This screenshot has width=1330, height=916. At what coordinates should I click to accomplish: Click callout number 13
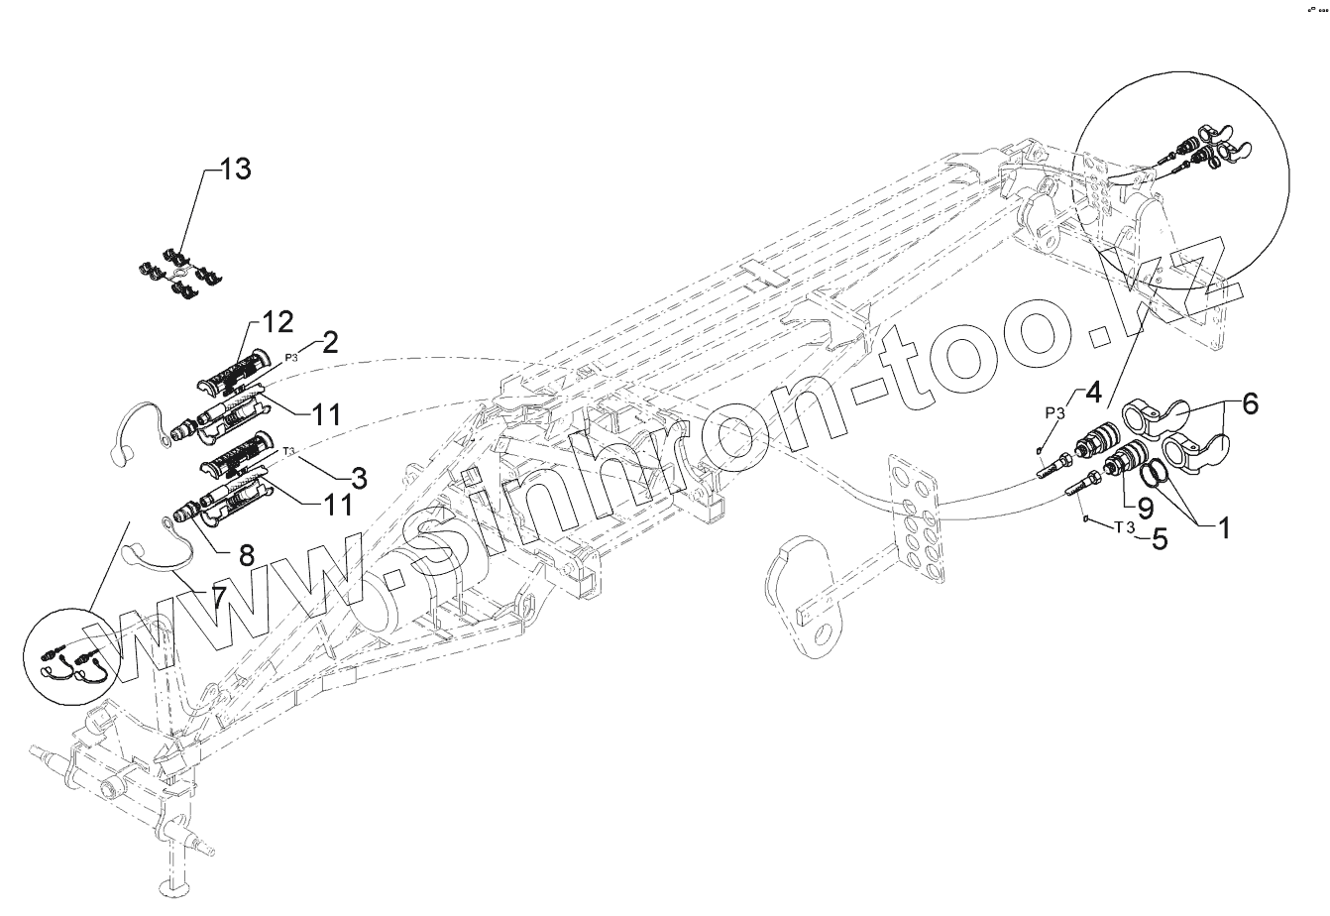(236, 170)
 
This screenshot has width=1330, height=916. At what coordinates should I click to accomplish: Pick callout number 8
(246, 554)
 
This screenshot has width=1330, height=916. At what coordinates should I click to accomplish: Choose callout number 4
(1092, 392)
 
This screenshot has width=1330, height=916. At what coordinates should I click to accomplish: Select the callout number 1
(1223, 527)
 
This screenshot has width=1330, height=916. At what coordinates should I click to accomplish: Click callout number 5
(1156, 539)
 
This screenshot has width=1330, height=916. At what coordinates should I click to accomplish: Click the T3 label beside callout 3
(289, 451)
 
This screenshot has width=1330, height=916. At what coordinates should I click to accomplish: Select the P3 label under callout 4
(1053, 412)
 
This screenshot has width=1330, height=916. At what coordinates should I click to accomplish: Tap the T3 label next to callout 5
(1123, 526)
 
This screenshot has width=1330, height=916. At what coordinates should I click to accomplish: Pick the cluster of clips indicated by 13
(179, 270)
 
